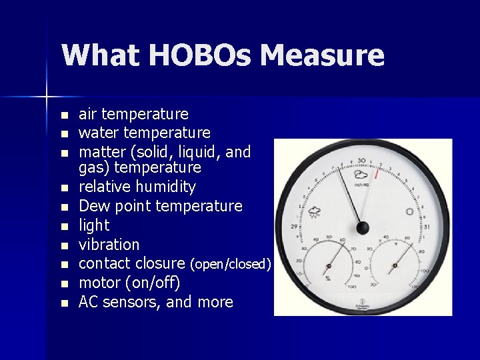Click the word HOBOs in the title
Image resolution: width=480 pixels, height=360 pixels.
(199, 55)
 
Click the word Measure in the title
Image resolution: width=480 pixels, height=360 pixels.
(323, 55)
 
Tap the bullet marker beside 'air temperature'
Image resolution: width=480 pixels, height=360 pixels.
(64, 115)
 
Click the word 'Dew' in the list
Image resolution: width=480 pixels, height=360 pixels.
(94, 206)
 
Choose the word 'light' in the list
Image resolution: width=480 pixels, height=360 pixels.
(94, 225)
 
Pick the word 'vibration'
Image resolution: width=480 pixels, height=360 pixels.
(109, 245)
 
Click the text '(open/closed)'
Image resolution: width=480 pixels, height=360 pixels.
(231, 264)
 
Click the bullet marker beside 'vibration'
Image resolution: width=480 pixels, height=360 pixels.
(64, 245)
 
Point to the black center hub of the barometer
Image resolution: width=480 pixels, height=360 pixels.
(363, 228)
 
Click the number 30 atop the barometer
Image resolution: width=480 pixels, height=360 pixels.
(362, 161)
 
